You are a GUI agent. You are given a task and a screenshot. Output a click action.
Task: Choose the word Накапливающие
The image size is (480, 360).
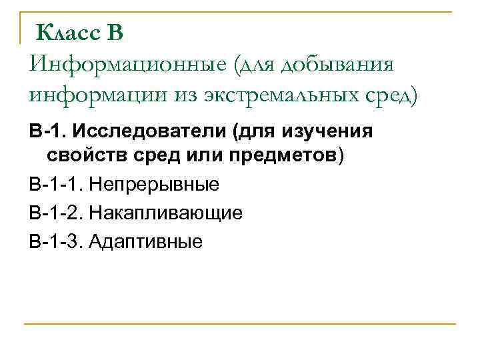pos(166,213)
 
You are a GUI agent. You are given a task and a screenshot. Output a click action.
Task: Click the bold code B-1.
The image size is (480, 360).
pos(45,131)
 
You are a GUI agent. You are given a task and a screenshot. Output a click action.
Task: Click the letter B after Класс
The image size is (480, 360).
pos(115,31)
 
